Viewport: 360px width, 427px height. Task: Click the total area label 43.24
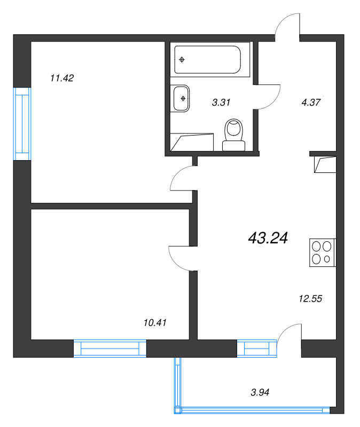tap(268, 238)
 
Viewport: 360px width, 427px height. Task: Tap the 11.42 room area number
tap(61, 78)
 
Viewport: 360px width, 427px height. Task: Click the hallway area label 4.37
tap(310, 102)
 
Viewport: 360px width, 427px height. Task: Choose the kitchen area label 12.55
tap(310, 299)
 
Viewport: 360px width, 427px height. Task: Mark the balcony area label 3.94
tap(260, 392)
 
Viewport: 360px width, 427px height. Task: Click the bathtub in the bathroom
tap(208, 59)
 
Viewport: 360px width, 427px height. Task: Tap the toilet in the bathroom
tap(233, 136)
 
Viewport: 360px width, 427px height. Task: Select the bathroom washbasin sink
tap(182, 98)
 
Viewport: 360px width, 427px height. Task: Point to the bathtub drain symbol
tap(182, 59)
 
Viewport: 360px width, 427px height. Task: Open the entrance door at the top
tap(289, 27)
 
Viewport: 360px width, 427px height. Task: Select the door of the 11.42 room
tap(182, 179)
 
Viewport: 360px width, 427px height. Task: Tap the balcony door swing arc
tap(289, 336)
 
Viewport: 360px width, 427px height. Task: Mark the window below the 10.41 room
tap(109, 349)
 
